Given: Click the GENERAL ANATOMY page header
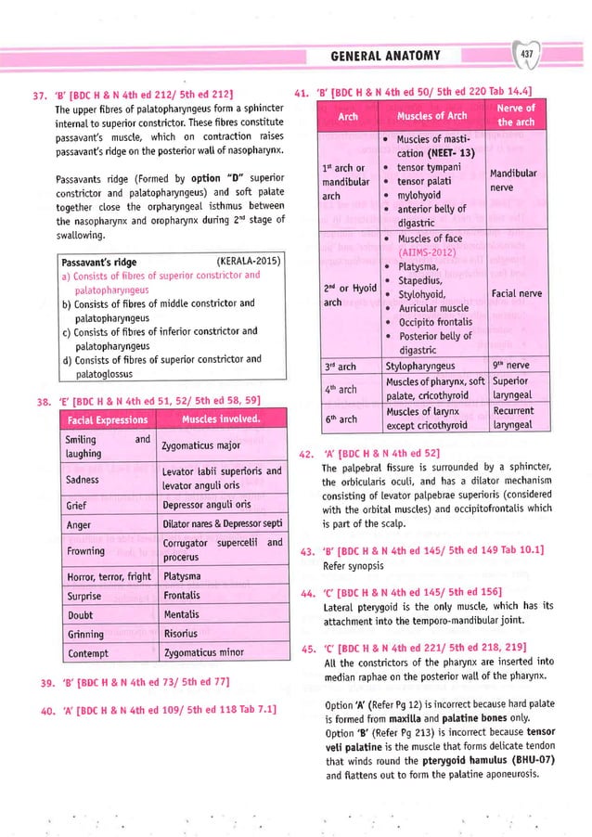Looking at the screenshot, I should pos(386,57).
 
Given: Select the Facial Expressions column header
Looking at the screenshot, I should pos(104,419).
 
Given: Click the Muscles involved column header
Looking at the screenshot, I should pos(220,419).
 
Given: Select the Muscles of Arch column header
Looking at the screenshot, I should pos(431,116).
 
